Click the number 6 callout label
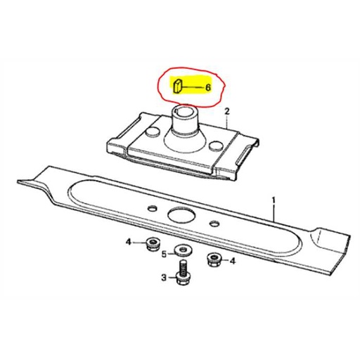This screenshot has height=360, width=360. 207,88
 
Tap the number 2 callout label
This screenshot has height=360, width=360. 228,111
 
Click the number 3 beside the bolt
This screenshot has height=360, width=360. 163,278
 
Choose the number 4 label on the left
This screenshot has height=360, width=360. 128,243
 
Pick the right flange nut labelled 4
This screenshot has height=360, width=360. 214,261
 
